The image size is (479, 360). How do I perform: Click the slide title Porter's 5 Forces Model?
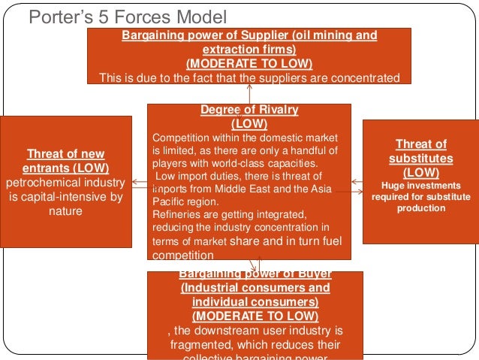(x=126, y=17)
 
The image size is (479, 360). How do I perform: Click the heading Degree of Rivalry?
(x=249, y=110)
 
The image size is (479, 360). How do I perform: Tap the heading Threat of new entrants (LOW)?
(x=66, y=161)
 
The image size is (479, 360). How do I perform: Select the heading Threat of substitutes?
(x=420, y=152)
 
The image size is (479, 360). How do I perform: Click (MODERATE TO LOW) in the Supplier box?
(x=249, y=63)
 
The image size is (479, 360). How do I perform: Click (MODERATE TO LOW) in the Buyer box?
(x=255, y=316)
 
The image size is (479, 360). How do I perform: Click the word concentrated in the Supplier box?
(x=360, y=77)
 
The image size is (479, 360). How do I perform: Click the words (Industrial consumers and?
(x=255, y=288)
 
